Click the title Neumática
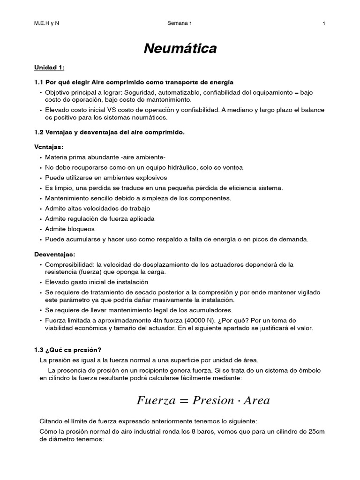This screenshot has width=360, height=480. [180, 48]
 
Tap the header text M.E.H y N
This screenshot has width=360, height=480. [46, 23]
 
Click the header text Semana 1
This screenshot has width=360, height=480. [179, 23]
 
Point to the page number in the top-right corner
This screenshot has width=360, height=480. [324, 23]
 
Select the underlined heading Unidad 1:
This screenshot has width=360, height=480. [49, 67]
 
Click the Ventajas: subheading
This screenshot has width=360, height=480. [48, 147]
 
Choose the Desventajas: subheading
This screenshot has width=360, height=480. [54, 254]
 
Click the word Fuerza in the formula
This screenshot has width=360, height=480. [156, 400]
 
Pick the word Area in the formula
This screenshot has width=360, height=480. [257, 400]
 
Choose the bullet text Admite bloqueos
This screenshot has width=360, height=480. [70, 229]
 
